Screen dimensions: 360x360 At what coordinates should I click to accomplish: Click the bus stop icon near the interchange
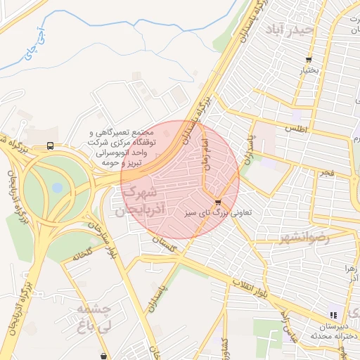(x=50, y=146)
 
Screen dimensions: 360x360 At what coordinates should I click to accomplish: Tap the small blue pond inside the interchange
(x=57, y=188)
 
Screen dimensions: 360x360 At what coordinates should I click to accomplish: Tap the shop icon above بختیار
(x=309, y=60)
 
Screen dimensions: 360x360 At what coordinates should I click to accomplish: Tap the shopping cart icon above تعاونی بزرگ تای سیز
(x=218, y=202)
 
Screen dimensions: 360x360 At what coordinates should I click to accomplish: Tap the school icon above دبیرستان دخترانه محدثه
(x=333, y=315)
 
